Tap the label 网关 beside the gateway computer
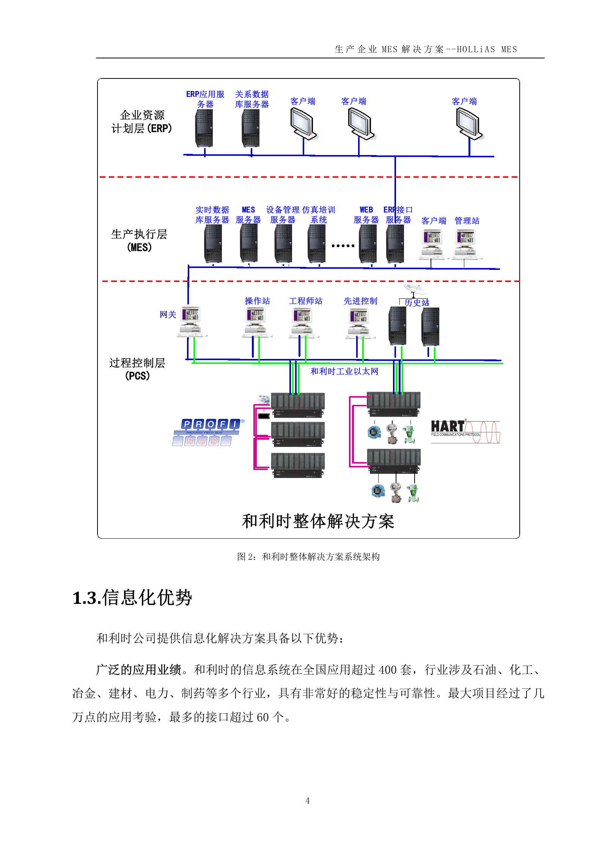(168, 315)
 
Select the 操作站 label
(257, 301)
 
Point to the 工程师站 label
(305, 301)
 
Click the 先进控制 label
(360, 301)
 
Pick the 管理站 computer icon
(466, 244)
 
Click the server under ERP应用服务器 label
(204, 128)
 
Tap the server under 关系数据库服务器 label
(251, 128)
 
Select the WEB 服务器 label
(366, 215)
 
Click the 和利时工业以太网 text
(344, 371)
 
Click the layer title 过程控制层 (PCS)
(137, 369)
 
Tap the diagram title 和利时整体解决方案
(318, 521)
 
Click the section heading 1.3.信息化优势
(132, 598)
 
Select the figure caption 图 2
(308, 556)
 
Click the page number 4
(308, 801)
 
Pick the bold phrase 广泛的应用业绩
(139, 670)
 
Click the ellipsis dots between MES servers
(343, 246)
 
